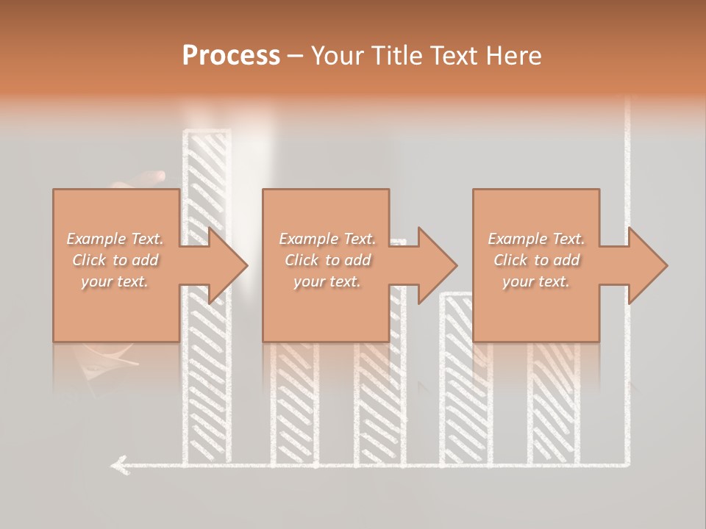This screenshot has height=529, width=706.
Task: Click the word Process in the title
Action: pyautogui.click(x=231, y=55)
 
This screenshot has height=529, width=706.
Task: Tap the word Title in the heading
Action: pyautogui.click(x=397, y=56)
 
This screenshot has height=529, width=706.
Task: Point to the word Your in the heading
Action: pyautogui.click(x=338, y=56)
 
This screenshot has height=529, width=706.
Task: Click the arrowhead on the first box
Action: pyautogui.click(x=225, y=265)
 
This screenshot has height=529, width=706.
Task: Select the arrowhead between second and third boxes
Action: pyautogui.click(x=435, y=265)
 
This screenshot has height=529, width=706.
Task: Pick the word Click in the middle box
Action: pyautogui.click(x=302, y=260)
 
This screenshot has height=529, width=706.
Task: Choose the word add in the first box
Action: pyautogui.click(x=145, y=260)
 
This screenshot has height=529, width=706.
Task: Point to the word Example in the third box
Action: pyautogui.click(x=516, y=239)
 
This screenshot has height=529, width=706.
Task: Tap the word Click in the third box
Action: pyautogui.click(x=510, y=260)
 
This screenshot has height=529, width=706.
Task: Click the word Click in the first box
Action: pyautogui.click(x=88, y=260)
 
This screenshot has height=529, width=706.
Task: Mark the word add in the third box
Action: pyautogui.click(x=566, y=260)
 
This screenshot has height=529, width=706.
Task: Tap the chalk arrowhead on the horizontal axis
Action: pyautogui.click(x=118, y=464)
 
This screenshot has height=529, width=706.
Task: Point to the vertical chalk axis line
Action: pyautogui.click(x=627, y=184)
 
